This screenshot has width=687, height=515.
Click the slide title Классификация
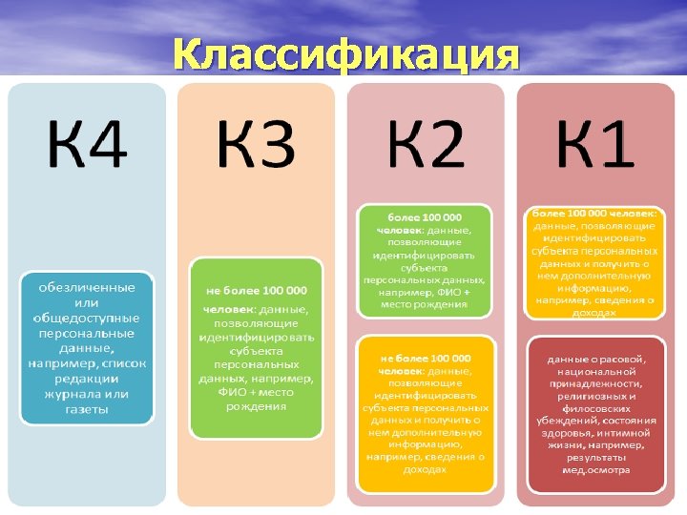coord(346,55)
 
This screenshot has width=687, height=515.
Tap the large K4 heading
coord(86,144)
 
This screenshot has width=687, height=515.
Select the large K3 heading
coord(256,144)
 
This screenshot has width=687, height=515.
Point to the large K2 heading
coord(426,144)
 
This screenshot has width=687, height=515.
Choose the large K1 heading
coord(594,144)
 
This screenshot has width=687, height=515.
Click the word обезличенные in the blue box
coord(87,287)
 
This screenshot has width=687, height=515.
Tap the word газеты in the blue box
coord(87,409)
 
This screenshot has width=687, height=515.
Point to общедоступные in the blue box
coord(87,318)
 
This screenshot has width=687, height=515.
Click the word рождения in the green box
coord(256,406)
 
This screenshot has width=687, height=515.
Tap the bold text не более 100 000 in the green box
coord(256,290)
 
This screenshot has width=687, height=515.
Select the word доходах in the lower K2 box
coord(426,469)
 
